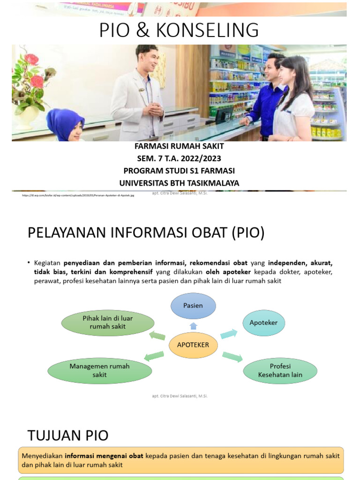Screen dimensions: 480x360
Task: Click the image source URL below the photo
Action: click(78, 195)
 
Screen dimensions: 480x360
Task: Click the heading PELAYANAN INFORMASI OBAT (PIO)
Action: click(146, 233)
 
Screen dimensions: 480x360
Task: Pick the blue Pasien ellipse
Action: click(193, 306)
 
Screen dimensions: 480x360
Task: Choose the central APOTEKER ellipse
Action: click(193, 345)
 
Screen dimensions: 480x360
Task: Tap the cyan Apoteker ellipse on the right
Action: click(263, 323)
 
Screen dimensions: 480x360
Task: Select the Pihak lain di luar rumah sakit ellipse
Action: click(107, 322)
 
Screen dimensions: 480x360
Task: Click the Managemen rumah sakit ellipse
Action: click(99, 370)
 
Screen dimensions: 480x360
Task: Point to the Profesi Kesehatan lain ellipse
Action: click(280, 370)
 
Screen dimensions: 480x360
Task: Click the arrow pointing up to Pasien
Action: click(193, 326)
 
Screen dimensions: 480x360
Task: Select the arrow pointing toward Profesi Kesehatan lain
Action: click(232, 357)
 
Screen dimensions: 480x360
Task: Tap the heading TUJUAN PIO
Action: click(68, 435)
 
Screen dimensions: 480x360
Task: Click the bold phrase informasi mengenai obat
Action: click(104, 456)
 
